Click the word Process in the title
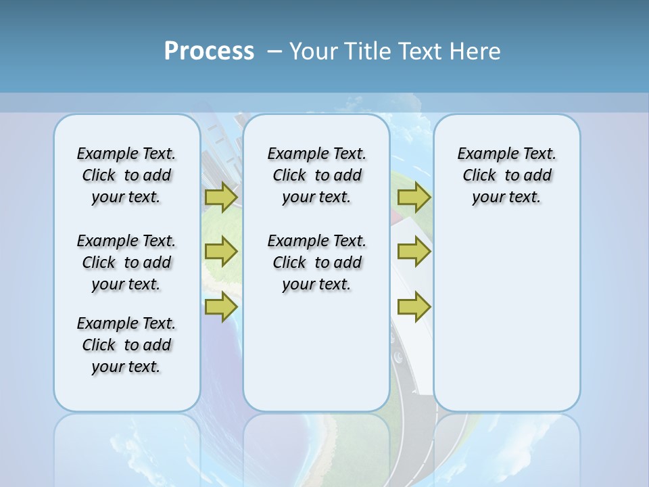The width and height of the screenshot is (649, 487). [209, 51]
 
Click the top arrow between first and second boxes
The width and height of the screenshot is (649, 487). [221, 198]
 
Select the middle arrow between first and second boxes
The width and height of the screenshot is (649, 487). [221, 252]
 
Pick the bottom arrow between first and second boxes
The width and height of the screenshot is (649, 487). [221, 306]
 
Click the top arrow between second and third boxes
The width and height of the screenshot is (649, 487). [414, 198]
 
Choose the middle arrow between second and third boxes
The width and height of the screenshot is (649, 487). [414, 252]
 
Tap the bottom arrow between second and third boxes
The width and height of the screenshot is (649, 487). [414, 306]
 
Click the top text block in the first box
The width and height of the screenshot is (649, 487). [126, 175]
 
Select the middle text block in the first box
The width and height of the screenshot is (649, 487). [126, 262]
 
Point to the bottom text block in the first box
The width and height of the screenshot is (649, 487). [126, 345]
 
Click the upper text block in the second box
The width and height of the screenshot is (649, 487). [316, 175]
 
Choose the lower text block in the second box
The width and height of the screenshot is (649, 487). [316, 262]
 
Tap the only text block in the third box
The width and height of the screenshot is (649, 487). [506, 175]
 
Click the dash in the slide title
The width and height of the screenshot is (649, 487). [275, 51]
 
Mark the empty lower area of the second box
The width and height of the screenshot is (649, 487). [316, 352]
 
